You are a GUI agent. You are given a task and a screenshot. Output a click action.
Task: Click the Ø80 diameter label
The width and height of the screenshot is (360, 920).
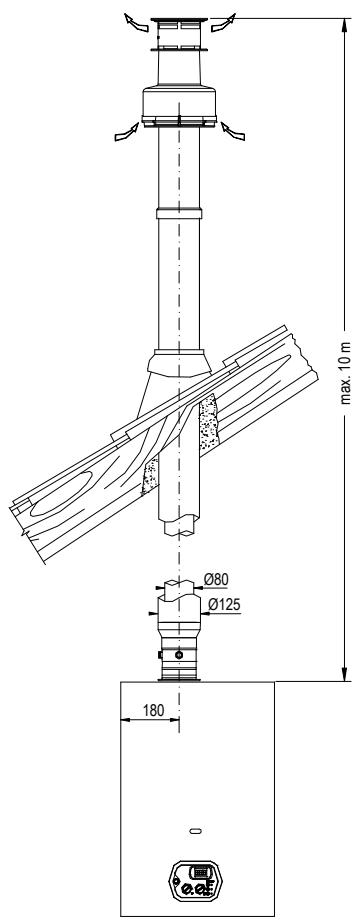point(216,580)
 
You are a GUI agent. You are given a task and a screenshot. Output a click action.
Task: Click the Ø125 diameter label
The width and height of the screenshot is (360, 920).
point(225,604)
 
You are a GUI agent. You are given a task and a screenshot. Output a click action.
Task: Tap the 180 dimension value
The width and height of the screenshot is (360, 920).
point(154,710)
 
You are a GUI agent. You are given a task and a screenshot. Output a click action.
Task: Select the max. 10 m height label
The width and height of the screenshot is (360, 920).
point(346,373)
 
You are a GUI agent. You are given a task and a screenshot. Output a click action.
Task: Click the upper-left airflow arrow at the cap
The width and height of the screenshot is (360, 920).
point(136,23)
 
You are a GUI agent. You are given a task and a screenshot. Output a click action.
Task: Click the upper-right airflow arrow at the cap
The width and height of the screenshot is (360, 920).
point(223,23)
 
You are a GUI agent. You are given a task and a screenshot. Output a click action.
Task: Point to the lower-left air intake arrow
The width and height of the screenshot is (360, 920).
point(126,132)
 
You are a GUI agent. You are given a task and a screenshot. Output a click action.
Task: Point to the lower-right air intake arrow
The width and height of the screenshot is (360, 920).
point(232,131)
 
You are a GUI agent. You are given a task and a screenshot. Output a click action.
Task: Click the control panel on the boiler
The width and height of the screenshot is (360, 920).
point(197,879)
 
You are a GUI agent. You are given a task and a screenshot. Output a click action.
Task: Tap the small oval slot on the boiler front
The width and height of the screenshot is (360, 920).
point(195,831)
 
